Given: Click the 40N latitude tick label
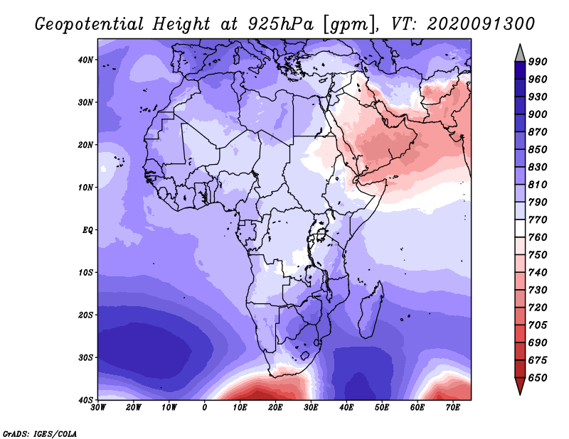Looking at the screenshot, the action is [x=85, y=60].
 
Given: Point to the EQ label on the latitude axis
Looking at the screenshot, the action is [x=87, y=230].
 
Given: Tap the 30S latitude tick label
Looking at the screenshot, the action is [x=85, y=358].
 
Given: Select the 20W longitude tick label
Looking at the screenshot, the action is [x=134, y=408].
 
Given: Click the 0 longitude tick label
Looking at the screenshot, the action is [x=205, y=408].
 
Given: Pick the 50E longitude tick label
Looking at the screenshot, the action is [x=382, y=408].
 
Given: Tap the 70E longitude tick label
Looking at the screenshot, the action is [x=453, y=408].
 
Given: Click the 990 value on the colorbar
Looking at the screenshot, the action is [x=538, y=62].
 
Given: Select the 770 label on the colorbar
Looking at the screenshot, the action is [x=538, y=220].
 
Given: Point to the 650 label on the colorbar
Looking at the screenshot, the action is [x=538, y=378].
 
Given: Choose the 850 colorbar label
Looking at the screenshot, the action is [x=538, y=149].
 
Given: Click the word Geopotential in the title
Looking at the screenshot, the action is [x=90, y=24].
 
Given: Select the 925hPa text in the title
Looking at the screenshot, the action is [x=280, y=24].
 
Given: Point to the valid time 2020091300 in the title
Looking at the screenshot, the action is [x=482, y=24].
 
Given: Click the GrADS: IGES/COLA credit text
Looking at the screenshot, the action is [x=40, y=434].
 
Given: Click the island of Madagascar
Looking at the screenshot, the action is [x=371, y=310].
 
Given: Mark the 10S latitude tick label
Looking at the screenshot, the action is [x=85, y=273].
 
